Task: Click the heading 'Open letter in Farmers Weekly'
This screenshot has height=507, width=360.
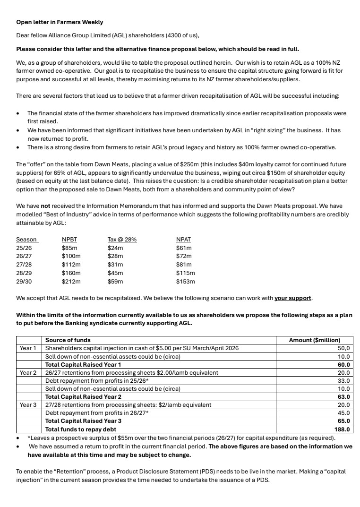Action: coord(60,22)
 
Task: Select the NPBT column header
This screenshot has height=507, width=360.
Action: coord(69,240)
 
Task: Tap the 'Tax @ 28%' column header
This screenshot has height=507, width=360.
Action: coord(122,240)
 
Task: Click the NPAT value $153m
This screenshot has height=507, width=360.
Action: coord(185,282)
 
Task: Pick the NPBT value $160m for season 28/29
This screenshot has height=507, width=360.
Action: coord(71,273)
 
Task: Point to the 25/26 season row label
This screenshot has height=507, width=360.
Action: coord(24,248)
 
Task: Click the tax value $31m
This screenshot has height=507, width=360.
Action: coord(115,265)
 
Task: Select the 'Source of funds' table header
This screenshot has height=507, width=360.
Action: coord(68,340)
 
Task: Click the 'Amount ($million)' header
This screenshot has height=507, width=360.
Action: coord(314,340)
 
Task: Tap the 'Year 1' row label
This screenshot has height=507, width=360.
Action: coord(28,348)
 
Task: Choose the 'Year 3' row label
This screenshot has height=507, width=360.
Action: coord(28,405)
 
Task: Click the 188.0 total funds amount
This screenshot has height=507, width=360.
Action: coord(342,430)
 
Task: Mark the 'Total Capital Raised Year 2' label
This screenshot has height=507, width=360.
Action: coord(83,397)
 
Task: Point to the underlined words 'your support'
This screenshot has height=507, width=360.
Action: coord(292,299)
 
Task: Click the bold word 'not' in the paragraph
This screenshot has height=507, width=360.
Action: coord(45,206)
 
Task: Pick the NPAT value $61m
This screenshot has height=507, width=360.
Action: coord(184,248)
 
